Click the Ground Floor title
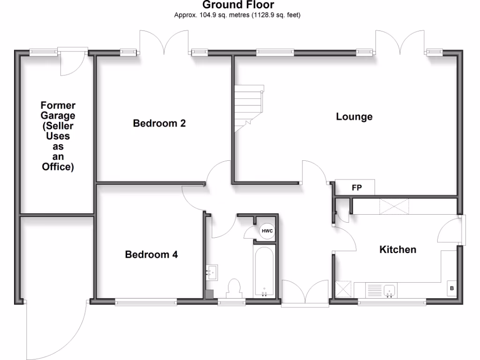238,5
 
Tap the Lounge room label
354,117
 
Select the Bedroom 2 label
159,123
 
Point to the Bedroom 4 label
151,255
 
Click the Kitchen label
397,249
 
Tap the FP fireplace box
357,187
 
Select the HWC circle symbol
267,231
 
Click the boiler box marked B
452,288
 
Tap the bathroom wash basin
212,272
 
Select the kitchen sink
389,290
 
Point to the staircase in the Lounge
249,108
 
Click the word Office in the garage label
58,166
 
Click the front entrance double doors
305,294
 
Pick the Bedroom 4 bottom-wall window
146,302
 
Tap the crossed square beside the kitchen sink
344,289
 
